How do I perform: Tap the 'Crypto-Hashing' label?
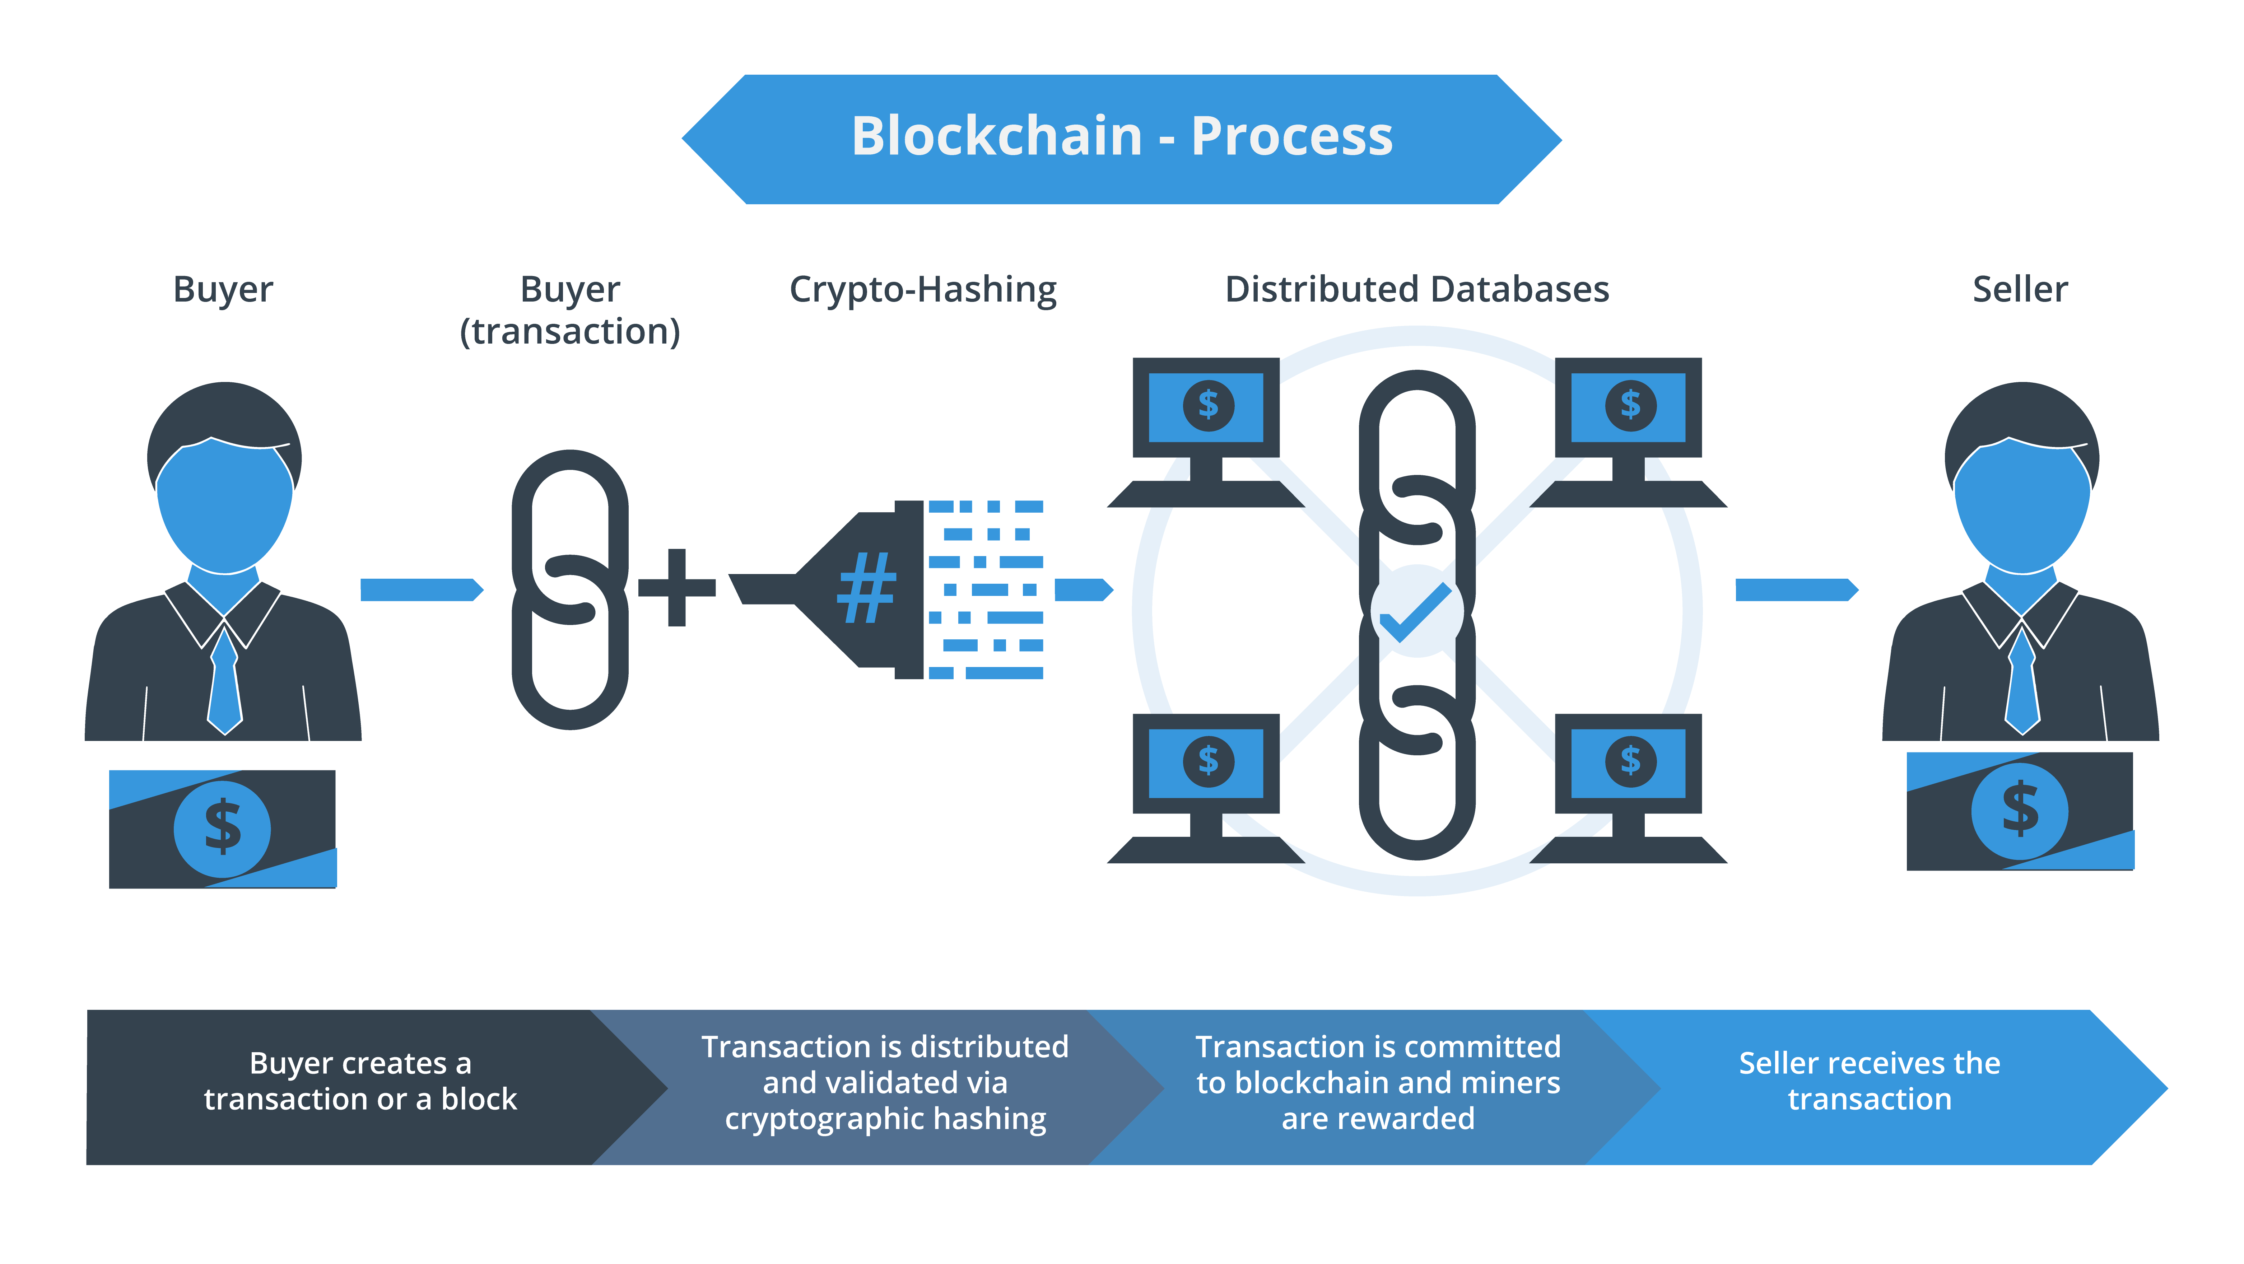point(922,289)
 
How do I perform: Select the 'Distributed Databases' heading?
point(1416,289)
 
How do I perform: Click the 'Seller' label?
point(2019,289)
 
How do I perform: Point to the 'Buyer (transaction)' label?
point(570,310)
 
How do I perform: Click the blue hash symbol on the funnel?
point(866,589)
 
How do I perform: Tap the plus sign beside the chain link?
point(677,588)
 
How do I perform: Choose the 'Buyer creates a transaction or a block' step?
point(360,1081)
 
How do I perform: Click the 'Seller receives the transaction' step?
point(1870,1081)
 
